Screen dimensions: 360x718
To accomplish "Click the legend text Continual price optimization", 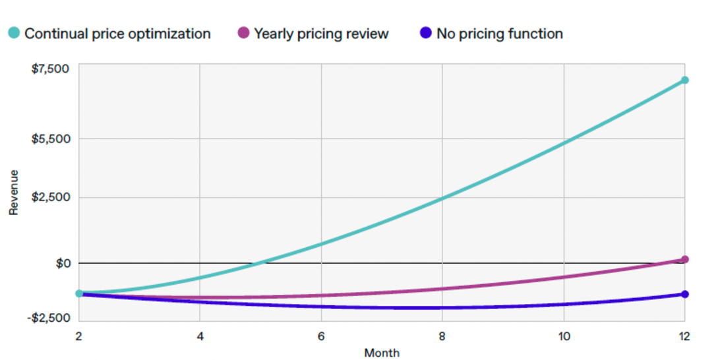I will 117,34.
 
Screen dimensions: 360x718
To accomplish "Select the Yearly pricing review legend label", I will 321,34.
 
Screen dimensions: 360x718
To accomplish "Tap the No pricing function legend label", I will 499,34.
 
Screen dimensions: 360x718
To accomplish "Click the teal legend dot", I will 13,34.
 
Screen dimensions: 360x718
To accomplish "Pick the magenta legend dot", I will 243,34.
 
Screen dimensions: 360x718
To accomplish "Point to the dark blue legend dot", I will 425,34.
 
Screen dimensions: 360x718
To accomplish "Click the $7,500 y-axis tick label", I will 50,69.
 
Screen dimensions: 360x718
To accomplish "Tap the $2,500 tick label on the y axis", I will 50,198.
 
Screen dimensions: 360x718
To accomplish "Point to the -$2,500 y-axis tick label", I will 49,317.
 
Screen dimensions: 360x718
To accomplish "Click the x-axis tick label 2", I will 78,336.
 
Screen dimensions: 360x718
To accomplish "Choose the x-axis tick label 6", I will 320,336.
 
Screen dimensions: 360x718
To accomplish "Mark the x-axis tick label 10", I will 563,336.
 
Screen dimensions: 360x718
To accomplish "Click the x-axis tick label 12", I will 684,336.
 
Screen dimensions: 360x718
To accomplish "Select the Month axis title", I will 381,353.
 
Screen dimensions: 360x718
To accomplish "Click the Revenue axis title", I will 13,192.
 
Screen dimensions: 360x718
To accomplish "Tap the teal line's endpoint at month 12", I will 684,80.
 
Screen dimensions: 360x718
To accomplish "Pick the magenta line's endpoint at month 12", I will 684,260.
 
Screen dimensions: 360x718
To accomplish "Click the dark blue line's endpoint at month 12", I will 684,294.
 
